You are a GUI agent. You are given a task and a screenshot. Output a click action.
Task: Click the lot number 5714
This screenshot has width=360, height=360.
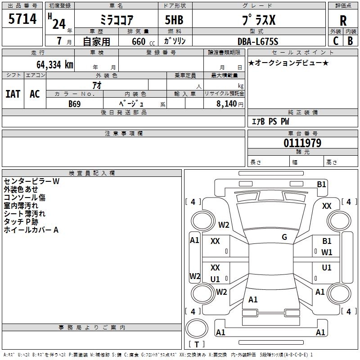(x=22, y=18)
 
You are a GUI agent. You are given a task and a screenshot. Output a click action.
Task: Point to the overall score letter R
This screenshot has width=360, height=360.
(x=343, y=20)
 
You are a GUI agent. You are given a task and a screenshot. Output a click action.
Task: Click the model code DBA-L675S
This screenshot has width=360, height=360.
(x=258, y=41)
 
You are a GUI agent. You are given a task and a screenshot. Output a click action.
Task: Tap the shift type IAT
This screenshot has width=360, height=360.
(x=13, y=94)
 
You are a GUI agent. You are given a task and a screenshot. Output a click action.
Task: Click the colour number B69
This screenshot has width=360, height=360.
(x=75, y=104)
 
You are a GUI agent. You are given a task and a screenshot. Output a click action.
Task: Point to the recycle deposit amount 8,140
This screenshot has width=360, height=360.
(x=226, y=104)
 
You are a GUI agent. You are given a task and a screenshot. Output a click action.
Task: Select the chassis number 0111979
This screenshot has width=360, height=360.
(x=302, y=143)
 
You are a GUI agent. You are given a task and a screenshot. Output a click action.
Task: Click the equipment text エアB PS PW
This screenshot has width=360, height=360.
(x=270, y=121)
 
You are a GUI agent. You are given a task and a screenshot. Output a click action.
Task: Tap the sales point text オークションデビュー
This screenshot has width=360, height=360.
(x=288, y=63)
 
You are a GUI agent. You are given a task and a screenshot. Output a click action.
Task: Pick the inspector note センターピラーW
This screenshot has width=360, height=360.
(x=31, y=181)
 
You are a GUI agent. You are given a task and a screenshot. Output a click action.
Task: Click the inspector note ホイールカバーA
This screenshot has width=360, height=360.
(x=31, y=230)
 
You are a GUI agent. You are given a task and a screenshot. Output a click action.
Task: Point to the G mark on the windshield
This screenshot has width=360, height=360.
(x=284, y=237)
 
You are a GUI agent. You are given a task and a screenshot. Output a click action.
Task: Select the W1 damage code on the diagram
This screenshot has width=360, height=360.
(x=327, y=252)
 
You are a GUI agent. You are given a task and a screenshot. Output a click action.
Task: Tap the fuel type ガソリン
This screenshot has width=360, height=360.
(x=175, y=41)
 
